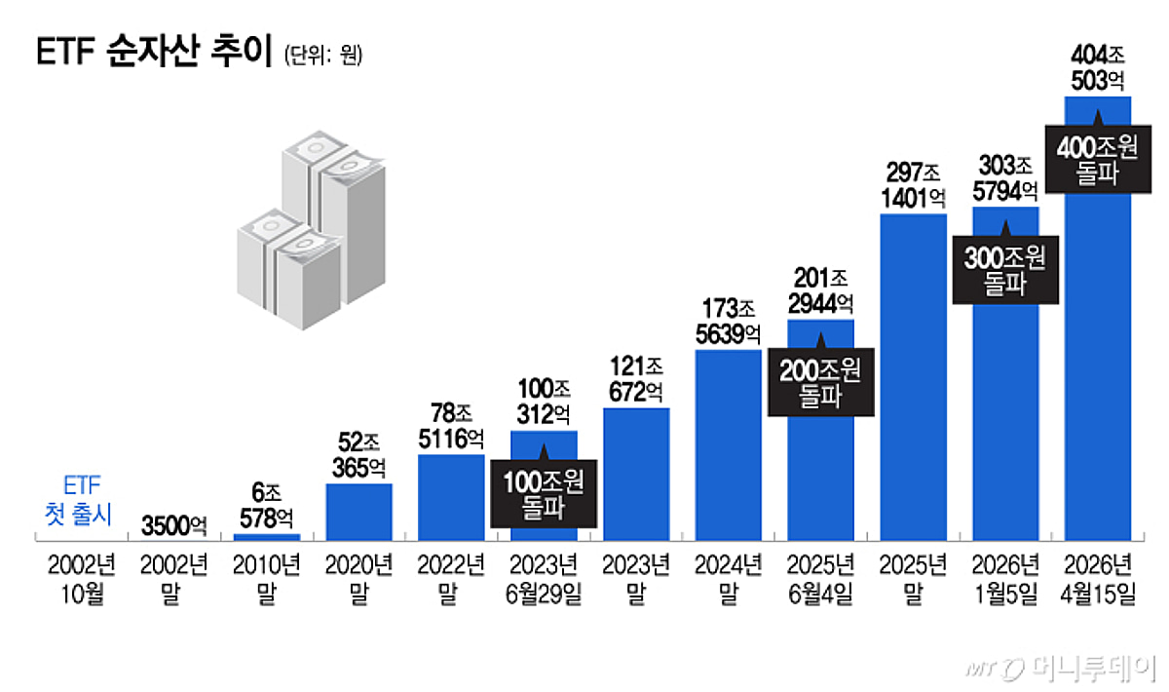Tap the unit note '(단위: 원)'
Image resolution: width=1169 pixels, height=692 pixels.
tap(322, 56)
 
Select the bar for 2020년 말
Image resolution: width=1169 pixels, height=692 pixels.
tap(358, 512)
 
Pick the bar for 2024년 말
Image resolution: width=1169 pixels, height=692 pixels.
tap(728, 444)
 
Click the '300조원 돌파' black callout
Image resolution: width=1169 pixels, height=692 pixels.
tap(1005, 270)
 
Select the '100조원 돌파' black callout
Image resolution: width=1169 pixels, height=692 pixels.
tap(544, 493)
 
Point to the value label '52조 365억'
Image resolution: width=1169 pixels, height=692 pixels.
tap(358, 454)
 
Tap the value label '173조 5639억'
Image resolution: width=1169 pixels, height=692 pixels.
tap(728, 323)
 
